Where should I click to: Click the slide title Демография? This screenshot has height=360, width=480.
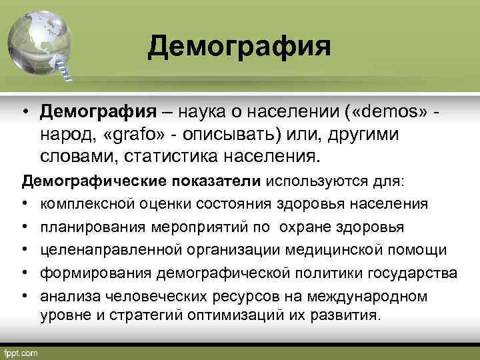[239, 46]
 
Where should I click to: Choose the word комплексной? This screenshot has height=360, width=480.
[83, 203]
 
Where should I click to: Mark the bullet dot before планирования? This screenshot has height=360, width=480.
[25, 227]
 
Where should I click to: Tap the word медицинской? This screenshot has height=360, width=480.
[333, 249]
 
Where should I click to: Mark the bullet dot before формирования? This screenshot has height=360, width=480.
[25, 273]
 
